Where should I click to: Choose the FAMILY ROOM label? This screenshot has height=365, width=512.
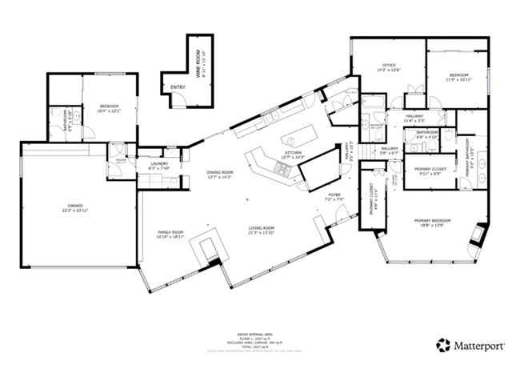click(x=170, y=233)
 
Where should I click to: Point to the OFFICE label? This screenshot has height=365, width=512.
click(x=389, y=66)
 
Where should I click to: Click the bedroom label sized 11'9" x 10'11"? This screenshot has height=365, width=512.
click(x=459, y=76)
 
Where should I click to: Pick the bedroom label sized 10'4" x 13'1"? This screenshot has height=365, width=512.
click(x=110, y=107)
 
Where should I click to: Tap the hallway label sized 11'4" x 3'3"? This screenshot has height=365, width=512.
click(x=414, y=118)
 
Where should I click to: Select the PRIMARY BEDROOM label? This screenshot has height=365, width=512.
click(x=432, y=222)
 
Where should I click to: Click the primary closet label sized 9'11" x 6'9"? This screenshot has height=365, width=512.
click(x=430, y=170)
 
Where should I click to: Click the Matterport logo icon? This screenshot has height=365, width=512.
click(x=442, y=345)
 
